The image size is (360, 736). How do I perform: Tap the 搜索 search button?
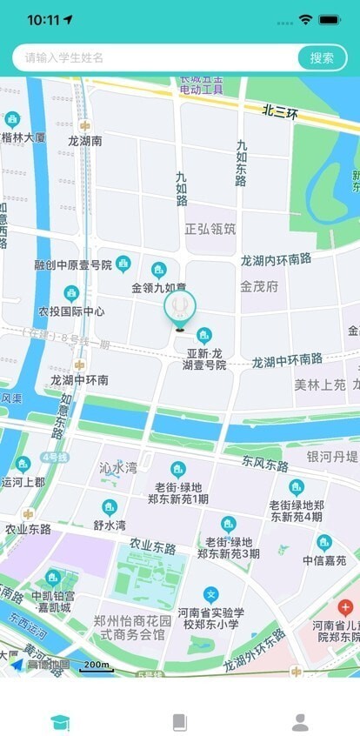click(322, 57)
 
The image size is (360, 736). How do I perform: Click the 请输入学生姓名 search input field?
click(157, 57)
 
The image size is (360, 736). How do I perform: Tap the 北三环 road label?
click(281, 112)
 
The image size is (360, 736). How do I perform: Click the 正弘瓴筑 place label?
click(210, 229)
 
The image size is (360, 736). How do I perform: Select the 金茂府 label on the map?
click(259, 285)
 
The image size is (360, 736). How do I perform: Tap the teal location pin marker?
click(180, 307)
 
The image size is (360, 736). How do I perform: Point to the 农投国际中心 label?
click(71, 311)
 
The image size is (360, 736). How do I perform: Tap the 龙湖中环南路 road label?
click(287, 360)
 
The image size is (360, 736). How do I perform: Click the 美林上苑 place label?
click(319, 384)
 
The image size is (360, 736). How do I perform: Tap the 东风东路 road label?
click(265, 465)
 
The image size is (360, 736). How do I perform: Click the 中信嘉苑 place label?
click(324, 560)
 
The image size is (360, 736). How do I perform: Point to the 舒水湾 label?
click(110, 525)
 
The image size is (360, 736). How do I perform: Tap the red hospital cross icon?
click(345, 606)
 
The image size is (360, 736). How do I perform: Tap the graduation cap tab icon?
click(60, 721)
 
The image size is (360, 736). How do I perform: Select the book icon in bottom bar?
click(180, 721)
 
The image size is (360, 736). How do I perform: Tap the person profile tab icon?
click(300, 721)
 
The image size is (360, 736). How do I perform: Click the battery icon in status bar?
click(330, 19)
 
